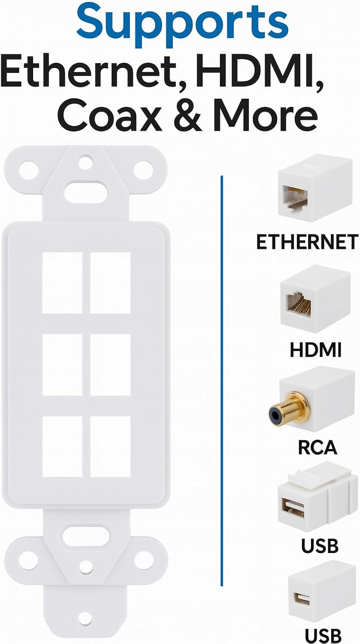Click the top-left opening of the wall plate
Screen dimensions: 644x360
tap(62, 283)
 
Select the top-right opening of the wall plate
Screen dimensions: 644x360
tap(110, 283)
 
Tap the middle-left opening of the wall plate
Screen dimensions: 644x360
tap(62, 365)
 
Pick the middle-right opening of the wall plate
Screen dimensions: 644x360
tap(110, 365)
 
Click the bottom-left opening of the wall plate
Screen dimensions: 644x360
tap(62, 447)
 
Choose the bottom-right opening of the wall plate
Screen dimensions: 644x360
tap(110, 447)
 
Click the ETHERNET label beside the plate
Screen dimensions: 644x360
tap(307, 242)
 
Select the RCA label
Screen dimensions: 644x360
tap(317, 447)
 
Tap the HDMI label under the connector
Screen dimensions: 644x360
tap(315, 349)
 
